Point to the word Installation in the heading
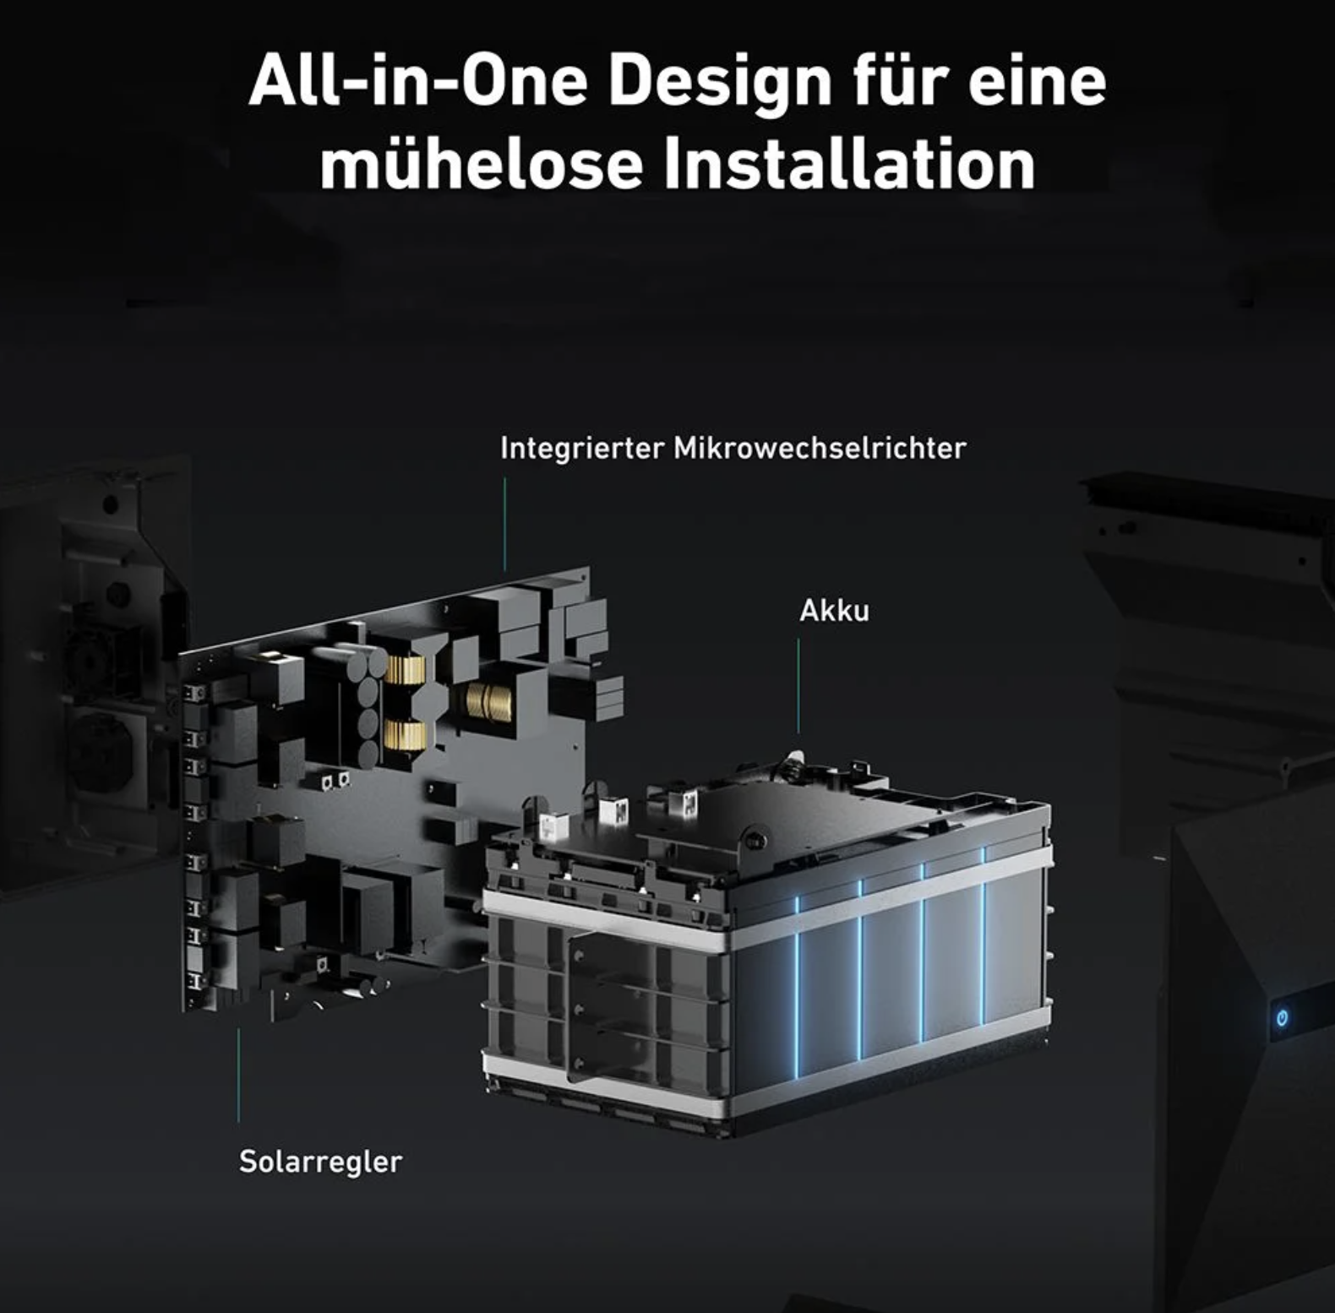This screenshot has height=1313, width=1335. point(849,163)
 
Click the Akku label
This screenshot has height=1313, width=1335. point(834,610)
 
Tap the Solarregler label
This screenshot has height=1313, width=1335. point(320,1162)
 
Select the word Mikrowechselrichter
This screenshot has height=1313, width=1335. point(820,448)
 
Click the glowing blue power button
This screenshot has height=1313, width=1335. point(1282,1017)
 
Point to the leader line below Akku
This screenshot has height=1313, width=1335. point(798,686)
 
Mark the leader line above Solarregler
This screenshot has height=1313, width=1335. point(238,1075)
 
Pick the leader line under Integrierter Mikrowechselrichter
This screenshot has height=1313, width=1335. point(505,524)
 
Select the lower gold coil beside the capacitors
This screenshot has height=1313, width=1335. point(405,735)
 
